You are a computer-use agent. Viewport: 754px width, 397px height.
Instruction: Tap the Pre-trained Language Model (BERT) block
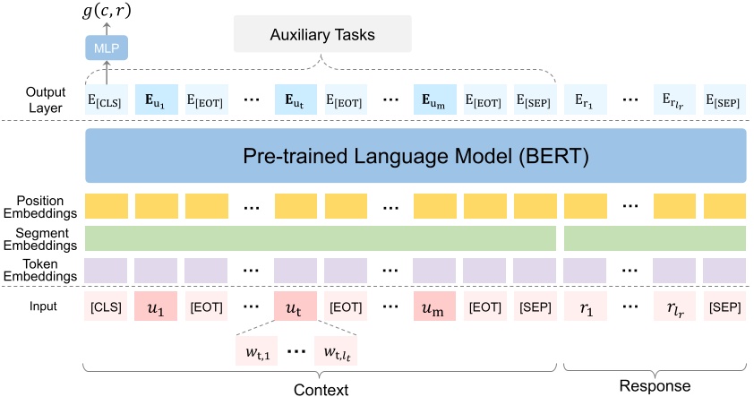tap(416, 157)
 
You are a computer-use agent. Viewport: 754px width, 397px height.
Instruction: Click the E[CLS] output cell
tap(107, 97)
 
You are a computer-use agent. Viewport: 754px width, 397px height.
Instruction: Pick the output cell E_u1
tap(155, 97)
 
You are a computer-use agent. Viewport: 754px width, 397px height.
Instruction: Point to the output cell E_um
tap(434, 97)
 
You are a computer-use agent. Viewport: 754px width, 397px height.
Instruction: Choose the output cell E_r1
tap(587, 97)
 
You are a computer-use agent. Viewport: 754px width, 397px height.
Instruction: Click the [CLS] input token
tap(107, 307)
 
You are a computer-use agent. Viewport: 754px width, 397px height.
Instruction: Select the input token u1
tap(155, 307)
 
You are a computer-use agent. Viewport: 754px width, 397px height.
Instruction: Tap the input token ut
tap(295, 307)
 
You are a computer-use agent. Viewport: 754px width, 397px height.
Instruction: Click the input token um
tap(434, 307)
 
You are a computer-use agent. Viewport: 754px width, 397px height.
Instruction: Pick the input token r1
tap(587, 307)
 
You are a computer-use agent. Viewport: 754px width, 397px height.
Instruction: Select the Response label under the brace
tap(655, 386)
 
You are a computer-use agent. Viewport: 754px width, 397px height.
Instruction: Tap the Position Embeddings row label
tap(41, 207)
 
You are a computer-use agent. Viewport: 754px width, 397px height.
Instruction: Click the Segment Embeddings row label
tap(41, 237)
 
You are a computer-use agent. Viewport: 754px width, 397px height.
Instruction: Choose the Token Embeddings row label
tap(41, 270)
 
